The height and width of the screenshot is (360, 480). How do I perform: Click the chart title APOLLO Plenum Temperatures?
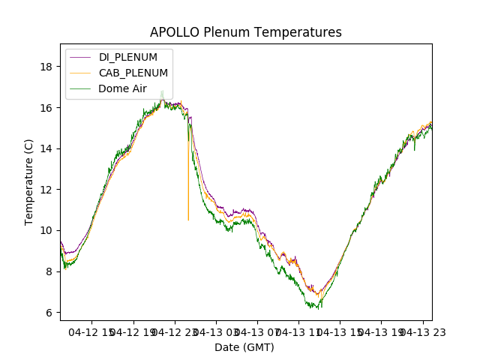[x=245, y=32]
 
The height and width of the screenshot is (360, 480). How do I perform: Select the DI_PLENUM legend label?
[x=128, y=57]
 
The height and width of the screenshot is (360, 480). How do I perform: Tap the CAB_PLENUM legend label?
[x=133, y=73]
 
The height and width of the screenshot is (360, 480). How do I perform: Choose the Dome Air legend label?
[x=124, y=88]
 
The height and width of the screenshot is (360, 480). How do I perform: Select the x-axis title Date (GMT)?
[x=244, y=347]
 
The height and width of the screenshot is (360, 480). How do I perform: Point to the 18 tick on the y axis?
[x=46, y=67]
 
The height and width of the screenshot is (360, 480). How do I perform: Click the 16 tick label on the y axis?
[x=46, y=107]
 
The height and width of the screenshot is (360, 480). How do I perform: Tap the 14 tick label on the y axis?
[x=46, y=148]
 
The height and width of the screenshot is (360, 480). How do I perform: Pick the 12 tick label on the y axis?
[x=46, y=190]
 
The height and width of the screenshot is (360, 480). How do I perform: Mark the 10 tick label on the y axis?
[x=46, y=230]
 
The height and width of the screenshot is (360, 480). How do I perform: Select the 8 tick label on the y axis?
[x=49, y=271]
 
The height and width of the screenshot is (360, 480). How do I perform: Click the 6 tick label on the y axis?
[x=49, y=312]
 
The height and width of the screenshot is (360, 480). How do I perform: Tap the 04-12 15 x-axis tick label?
[x=91, y=331]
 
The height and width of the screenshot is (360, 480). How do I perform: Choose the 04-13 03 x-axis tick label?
[x=216, y=331]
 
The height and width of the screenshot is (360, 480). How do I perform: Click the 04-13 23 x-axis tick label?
[x=422, y=331]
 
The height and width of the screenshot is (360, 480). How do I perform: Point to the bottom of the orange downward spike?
[x=188, y=220]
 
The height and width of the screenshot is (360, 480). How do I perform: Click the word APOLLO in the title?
[x=170, y=32]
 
